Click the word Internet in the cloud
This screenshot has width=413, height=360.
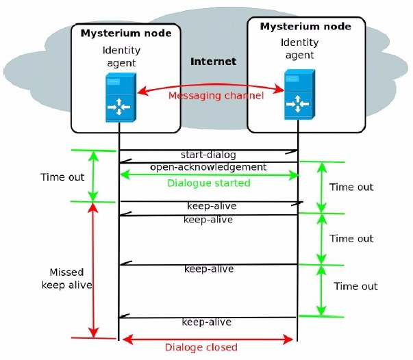[x=213, y=62]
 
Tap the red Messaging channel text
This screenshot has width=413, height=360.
[x=215, y=95]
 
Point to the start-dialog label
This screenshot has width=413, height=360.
[x=208, y=155]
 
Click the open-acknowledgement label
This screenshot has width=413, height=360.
[x=208, y=167]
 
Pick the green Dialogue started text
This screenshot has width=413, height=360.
[x=209, y=183]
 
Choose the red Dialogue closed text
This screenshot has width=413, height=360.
[x=201, y=347]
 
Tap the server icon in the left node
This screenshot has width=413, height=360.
[x=118, y=96]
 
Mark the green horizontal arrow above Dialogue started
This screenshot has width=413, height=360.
[x=210, y=176]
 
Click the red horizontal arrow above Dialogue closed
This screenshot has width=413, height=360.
[x=208, y=338]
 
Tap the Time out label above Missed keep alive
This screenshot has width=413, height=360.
[x=62, y=177]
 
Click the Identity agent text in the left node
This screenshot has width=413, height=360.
[x=121, y=57]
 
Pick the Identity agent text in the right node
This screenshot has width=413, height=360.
[x=299, y=50]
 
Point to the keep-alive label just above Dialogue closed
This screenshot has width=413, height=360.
[x=206, y=322]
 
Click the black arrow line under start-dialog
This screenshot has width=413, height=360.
[x=208, y=150]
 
